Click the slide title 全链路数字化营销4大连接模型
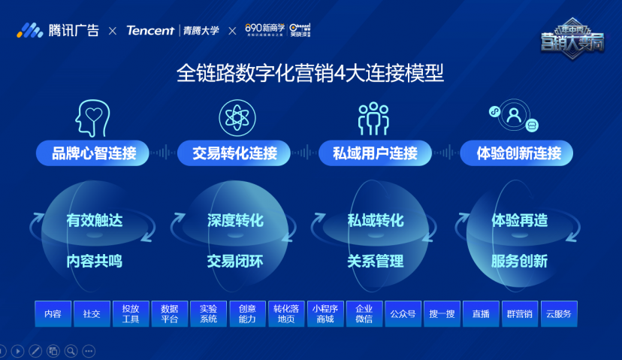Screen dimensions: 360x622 (310, 73)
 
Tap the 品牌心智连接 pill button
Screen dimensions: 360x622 (94, 153)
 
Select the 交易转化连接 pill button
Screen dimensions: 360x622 (234, 153)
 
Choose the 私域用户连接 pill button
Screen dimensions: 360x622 (375, 153)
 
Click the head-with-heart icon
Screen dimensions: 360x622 (93, 117)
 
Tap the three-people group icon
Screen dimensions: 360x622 (373, 118)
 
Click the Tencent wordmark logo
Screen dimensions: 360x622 (150, 31)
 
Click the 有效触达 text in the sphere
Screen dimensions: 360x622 (94, 221)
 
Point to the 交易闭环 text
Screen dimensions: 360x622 (235, 262)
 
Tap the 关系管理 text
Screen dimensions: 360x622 (375, 262)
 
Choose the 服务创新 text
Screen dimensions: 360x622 (519, 262)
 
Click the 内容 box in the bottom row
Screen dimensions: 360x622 (53, 313)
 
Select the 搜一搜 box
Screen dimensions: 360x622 (442, 313)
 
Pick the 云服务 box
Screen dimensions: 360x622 (559, 313)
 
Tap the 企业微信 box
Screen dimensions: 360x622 (364, 313)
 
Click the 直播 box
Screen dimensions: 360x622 (481, 313)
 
